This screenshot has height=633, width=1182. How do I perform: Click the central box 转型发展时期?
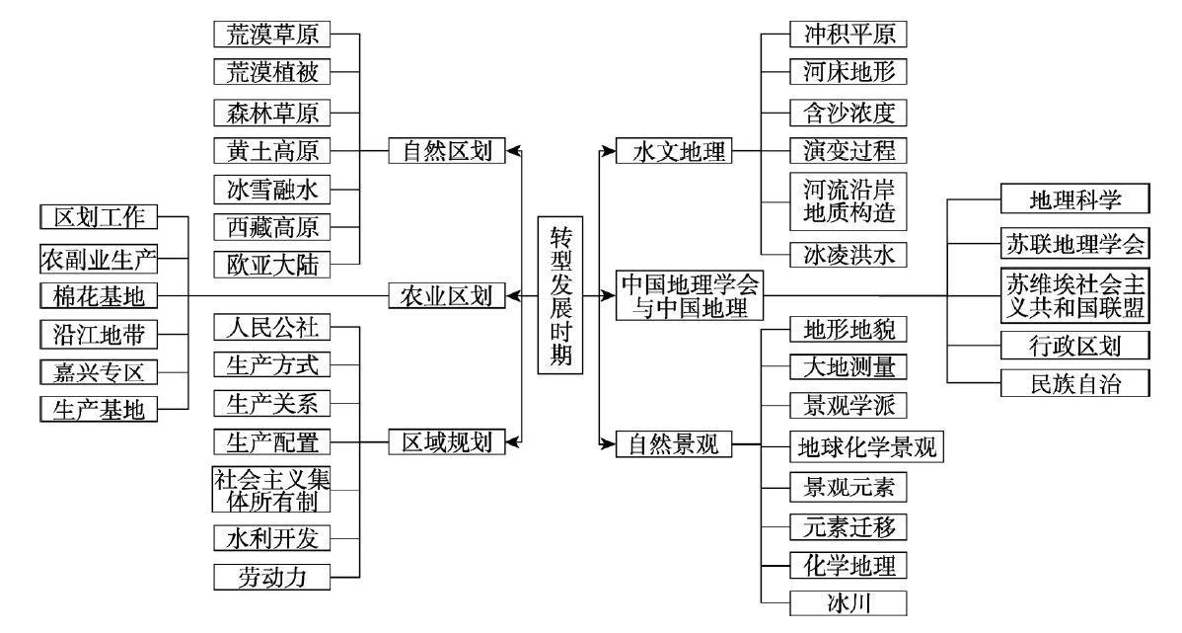[560, 295]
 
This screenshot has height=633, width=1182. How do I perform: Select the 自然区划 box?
[446, 150]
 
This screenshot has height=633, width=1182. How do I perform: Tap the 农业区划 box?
[446, 295]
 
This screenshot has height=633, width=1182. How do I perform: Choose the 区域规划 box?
[446, 441]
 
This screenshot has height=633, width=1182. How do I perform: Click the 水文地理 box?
[674, 151]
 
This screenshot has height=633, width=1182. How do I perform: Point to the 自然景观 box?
[674, 443]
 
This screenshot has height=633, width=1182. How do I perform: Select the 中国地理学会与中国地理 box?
[689, 295]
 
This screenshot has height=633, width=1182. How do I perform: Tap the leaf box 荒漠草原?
[272, 34]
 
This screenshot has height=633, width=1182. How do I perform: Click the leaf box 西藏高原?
[272, 227]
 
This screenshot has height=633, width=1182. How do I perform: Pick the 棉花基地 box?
[99, 295]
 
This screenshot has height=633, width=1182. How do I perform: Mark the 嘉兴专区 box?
[99, 371]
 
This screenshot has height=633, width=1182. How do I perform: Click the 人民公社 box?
[272, 328]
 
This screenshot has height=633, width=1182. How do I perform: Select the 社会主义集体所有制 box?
[272, 489]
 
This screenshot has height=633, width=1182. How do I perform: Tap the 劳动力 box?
[272, 577]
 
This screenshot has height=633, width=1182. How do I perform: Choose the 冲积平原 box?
[849, 34]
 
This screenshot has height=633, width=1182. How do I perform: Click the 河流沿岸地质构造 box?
[849, 201]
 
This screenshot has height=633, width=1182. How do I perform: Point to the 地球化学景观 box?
[867, 446]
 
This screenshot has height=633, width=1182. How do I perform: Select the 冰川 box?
[849, 602]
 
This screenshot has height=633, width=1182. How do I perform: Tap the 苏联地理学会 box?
[1075, 243]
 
